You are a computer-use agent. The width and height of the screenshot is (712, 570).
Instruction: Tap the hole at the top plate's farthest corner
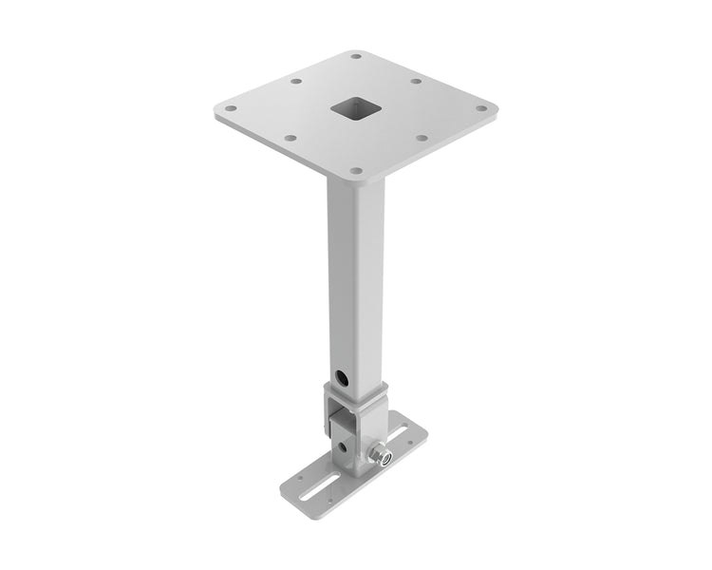[356, 56]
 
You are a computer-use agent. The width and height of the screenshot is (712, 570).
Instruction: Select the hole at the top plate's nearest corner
[355, 171]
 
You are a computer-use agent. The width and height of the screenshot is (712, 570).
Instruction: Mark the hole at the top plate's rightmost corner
[481, 108]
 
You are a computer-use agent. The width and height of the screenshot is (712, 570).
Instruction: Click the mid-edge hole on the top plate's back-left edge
[296, 82]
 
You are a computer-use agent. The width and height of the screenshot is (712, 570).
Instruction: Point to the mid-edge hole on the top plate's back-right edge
[416, 82]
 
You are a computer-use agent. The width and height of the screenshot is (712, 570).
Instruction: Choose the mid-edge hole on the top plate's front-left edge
[290, 138]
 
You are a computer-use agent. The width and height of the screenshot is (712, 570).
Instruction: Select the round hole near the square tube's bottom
[343, 376]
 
